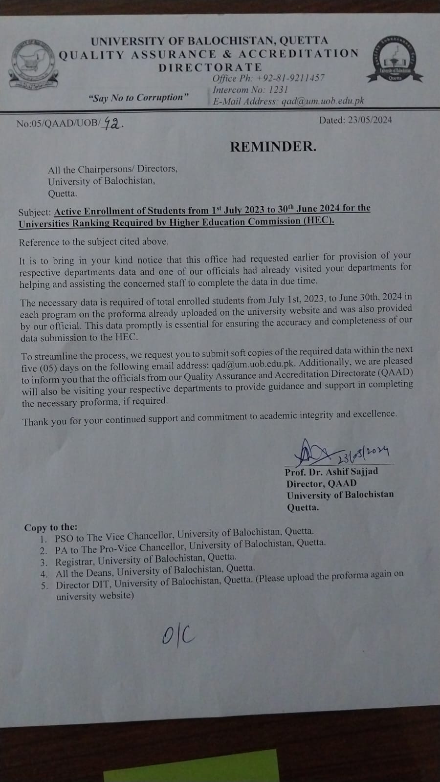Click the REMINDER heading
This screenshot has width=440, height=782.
coord(273,146)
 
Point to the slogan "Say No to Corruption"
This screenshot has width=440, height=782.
coord(138,98)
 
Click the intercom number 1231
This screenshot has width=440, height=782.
coord(278,90)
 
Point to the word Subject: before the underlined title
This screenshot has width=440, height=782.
coord(34,213)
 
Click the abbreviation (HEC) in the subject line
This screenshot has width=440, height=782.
coord(318,220)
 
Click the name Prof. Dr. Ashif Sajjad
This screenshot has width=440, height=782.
coord(331,472)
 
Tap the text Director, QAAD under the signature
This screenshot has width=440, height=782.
coord(321,484)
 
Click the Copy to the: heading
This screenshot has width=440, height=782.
coord(51,527)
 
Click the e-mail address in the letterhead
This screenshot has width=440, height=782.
coord(323,101)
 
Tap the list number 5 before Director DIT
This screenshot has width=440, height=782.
coord(44,586)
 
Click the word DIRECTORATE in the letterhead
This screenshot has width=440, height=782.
coord(210,67)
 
